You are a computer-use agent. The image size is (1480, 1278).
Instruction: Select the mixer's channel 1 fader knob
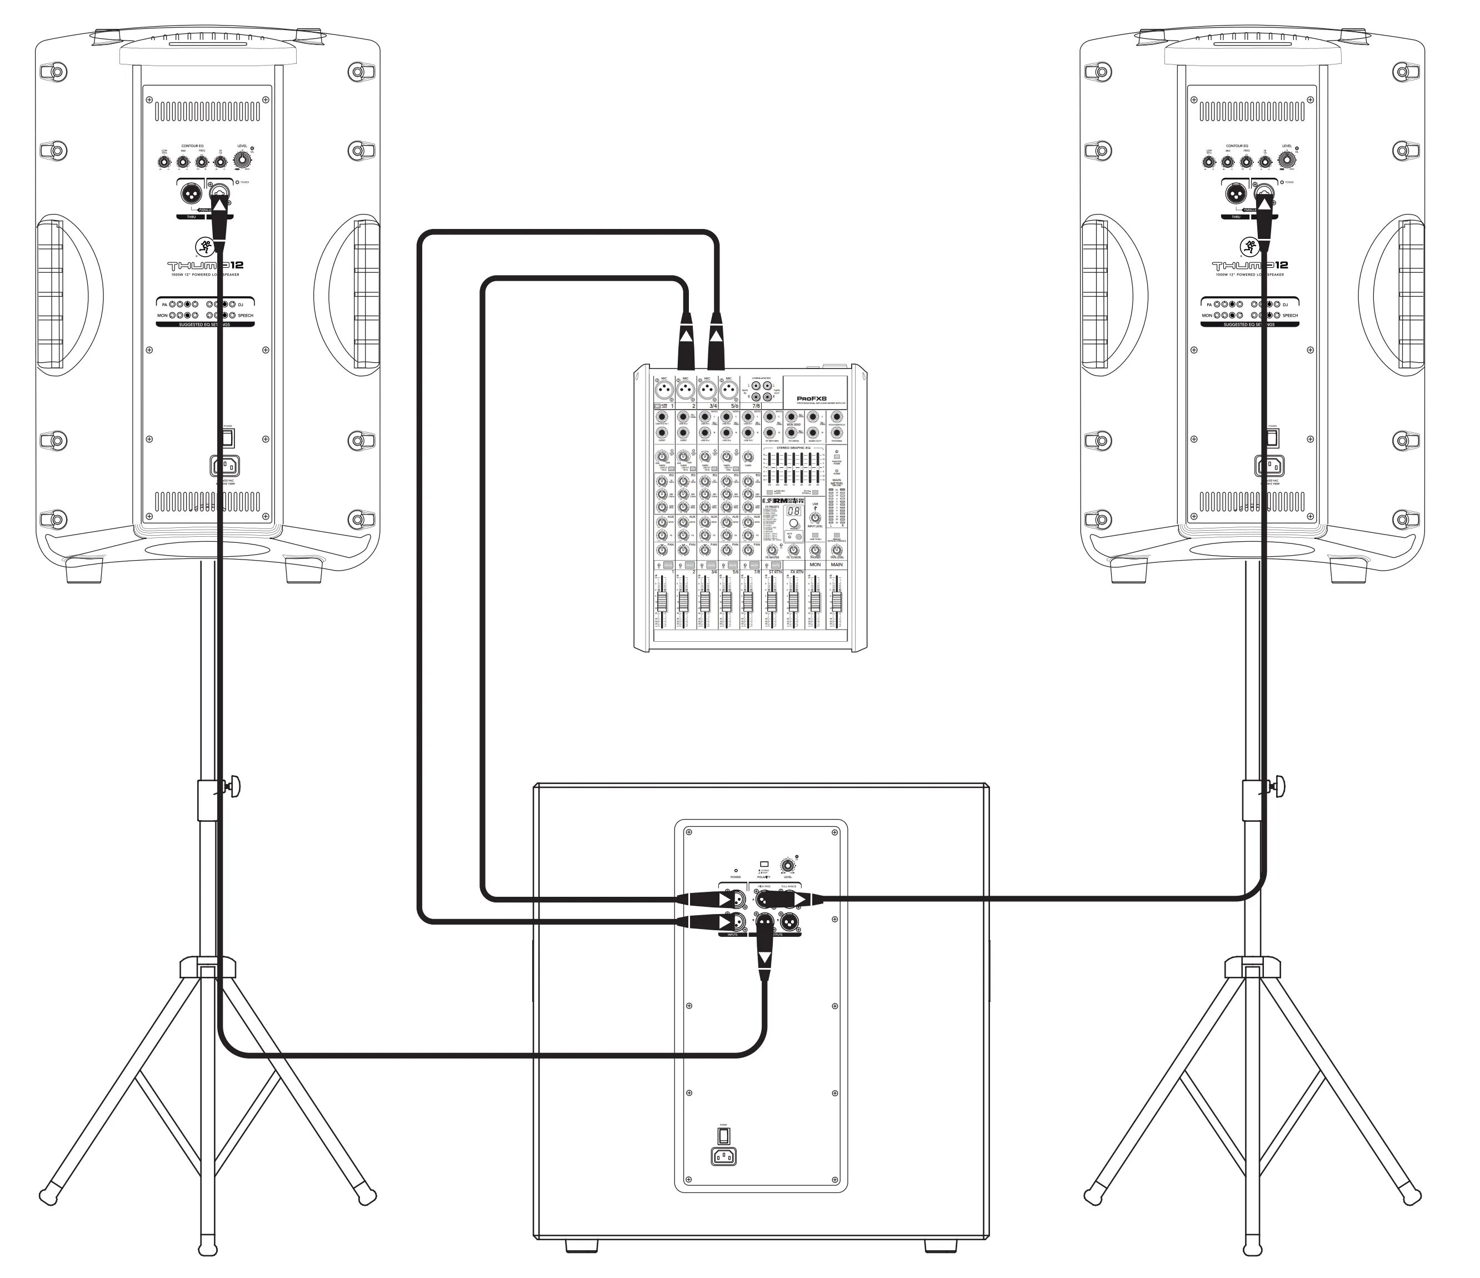pyautogui.click(x=662, y=600)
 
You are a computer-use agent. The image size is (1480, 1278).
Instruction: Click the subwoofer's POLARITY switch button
pyautogui.click(x=763, y=865)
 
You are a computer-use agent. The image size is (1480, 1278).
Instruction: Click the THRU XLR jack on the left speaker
pyautogui.click(x=192, y=193)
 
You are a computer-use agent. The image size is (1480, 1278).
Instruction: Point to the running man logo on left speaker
pyautogui.click(x=207, y=247)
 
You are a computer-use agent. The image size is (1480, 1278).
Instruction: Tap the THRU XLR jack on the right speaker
pyautogui.click(x=1237, y=193)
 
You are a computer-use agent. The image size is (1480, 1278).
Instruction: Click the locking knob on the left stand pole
pyautogui.click(x=233, y=786)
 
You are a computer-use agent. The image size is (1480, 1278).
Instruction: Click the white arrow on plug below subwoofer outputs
pyautogui.click(x=765, y=957)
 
